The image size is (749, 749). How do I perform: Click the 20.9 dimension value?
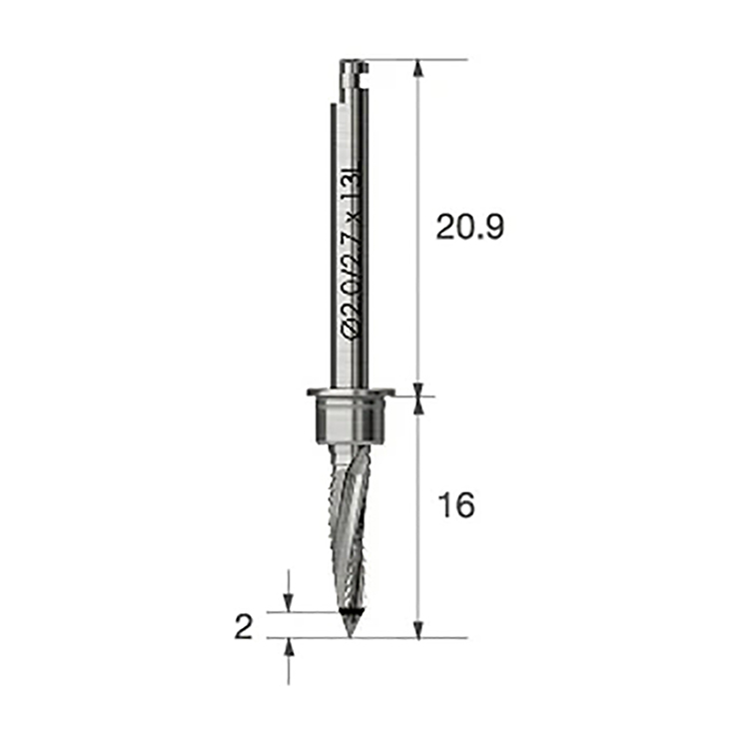coord(470,227)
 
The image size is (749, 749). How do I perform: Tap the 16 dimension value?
coord(456,505)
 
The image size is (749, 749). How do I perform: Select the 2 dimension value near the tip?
coord(244,627)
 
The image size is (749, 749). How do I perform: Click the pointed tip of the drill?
coord(351,637)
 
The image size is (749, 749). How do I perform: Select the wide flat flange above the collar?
coord(352,392)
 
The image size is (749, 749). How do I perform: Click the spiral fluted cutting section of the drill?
coord(352,525)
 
